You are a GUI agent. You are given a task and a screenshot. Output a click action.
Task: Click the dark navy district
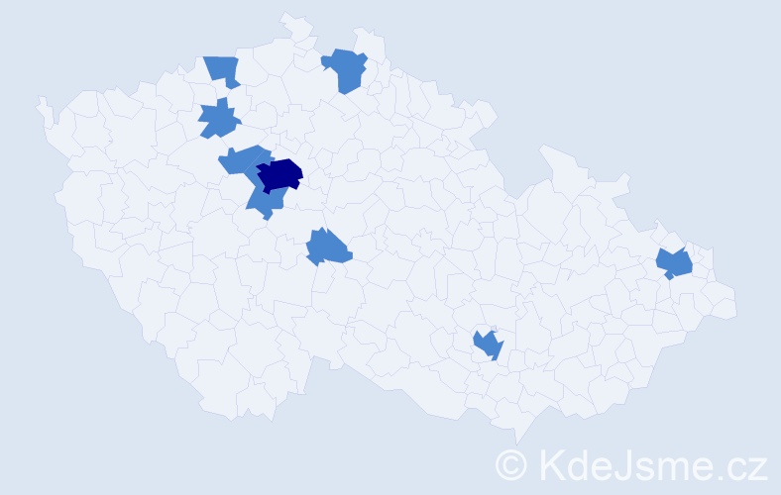279,173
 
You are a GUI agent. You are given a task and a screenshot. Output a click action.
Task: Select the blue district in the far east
675,263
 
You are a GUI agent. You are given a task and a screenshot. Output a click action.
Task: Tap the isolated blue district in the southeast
488,345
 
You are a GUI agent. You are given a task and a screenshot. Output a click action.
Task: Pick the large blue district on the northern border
346,70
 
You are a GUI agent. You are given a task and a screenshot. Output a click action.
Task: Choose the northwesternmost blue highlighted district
224,70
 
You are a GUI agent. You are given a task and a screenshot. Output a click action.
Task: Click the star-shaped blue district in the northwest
219,120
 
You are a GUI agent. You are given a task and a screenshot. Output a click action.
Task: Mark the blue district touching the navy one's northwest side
244,158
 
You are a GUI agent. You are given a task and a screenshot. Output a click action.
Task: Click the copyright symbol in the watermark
512,463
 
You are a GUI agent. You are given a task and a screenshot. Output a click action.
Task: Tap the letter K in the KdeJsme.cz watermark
551,463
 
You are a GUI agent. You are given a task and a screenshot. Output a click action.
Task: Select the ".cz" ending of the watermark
743,465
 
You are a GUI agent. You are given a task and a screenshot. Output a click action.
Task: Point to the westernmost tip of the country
40,102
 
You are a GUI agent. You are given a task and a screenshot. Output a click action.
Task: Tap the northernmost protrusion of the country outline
287,16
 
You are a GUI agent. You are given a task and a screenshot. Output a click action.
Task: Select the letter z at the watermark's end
757,466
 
